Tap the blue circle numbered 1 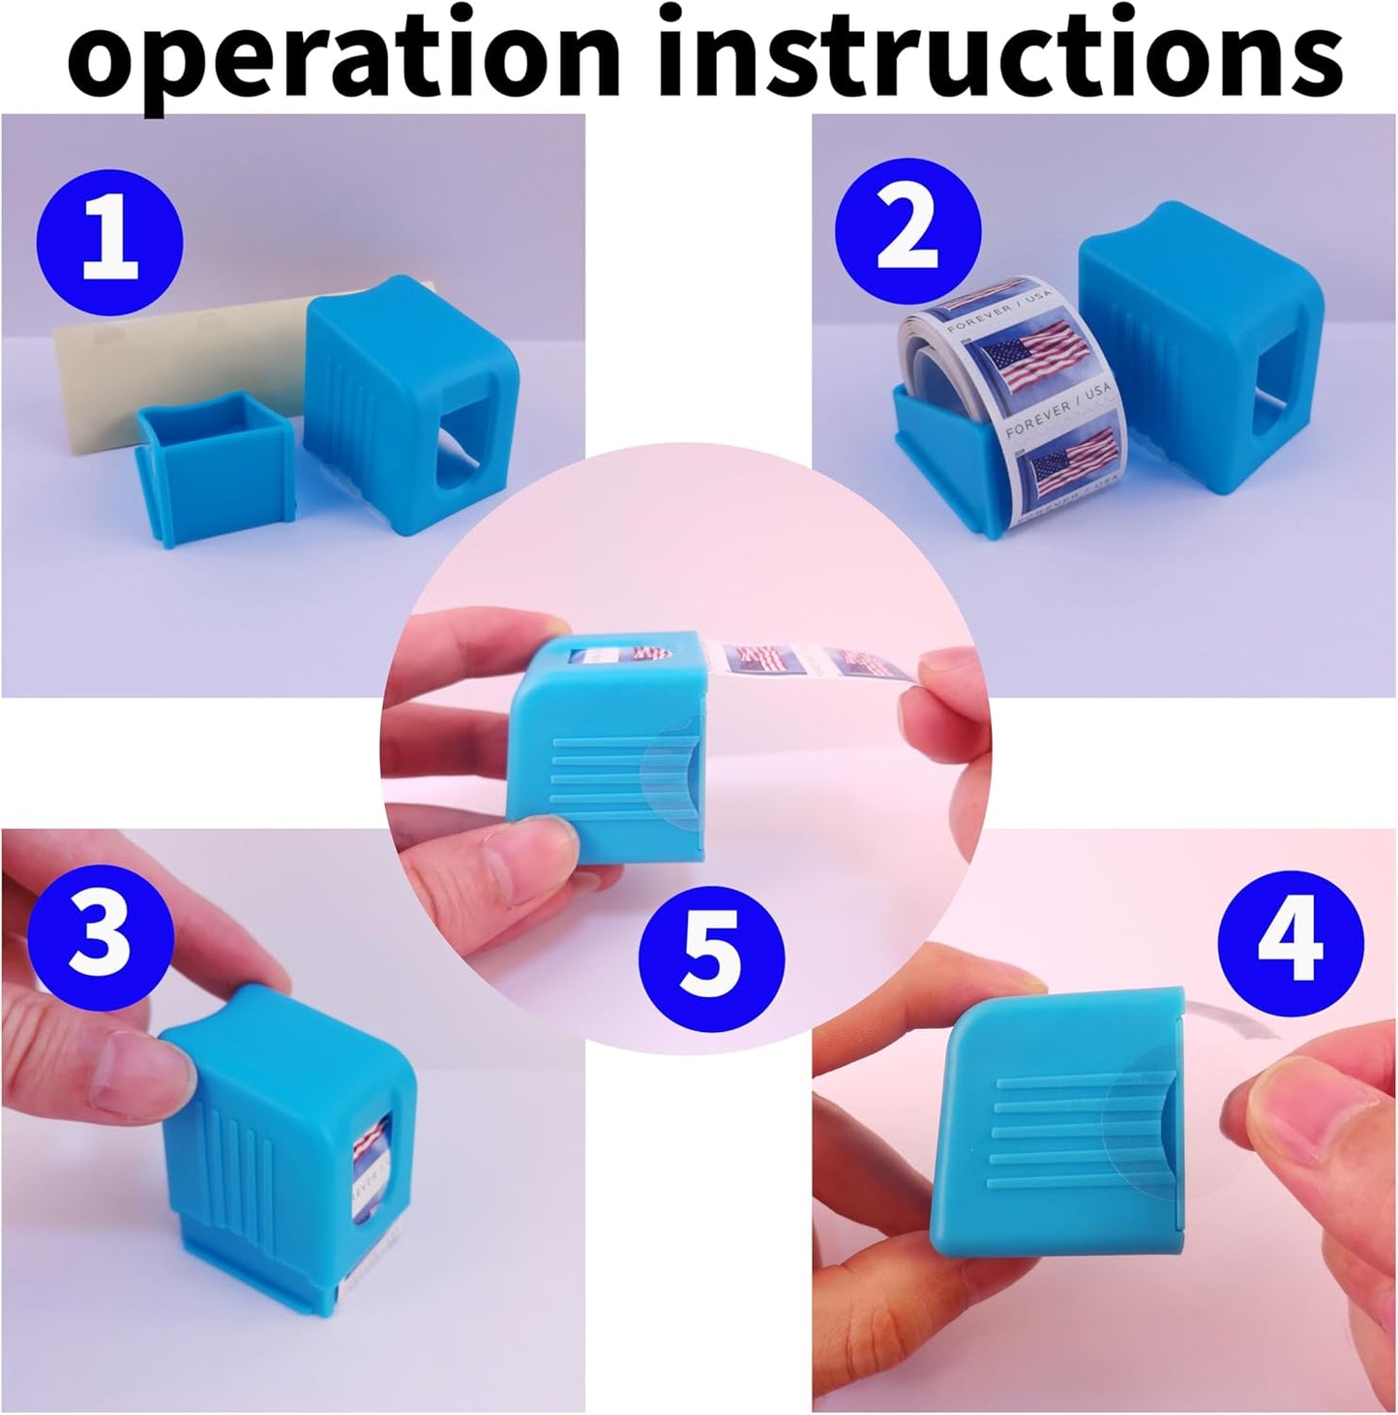(x=109, y=237)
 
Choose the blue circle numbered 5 (x=711, y=960)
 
